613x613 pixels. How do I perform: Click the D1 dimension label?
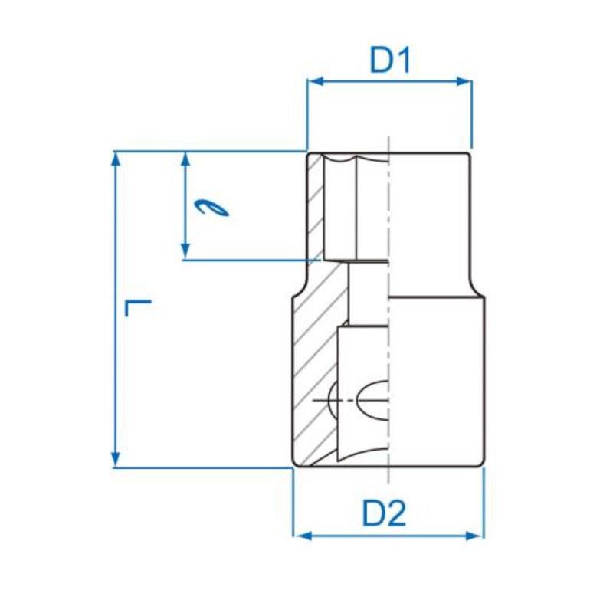pyautogui.click(x=391, y=61)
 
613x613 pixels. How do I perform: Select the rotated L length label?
pyautogui.click(x=139, y=309)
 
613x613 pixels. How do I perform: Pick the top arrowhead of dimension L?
pyautogui.click(x=116, y=158)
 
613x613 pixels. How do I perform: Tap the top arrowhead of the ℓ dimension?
pyautogui.click(x=185, y=158)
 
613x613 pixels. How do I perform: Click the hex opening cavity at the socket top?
pyautogui.click(x=356, y=207)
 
